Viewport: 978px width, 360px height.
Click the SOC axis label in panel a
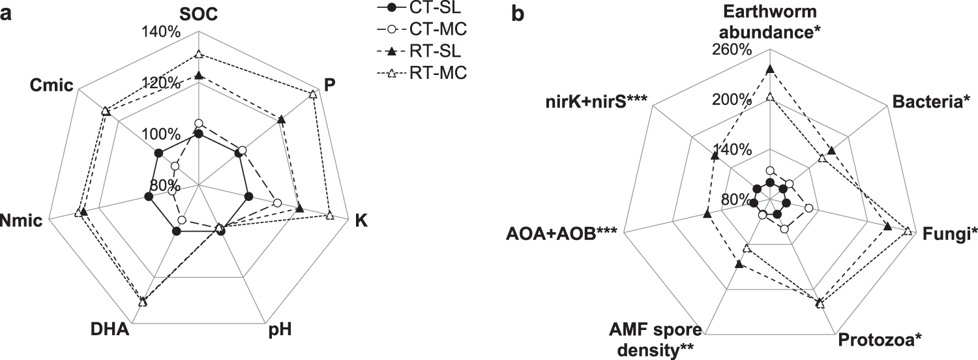tap(199, 14)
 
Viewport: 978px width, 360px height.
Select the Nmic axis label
tap(22, 220)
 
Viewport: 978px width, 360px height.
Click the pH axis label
tap(280, 329)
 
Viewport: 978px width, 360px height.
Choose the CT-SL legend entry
tap(430, 9)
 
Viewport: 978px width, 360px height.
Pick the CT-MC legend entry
tap(430, 30)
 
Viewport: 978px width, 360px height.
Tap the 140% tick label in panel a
tap(158, 34)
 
